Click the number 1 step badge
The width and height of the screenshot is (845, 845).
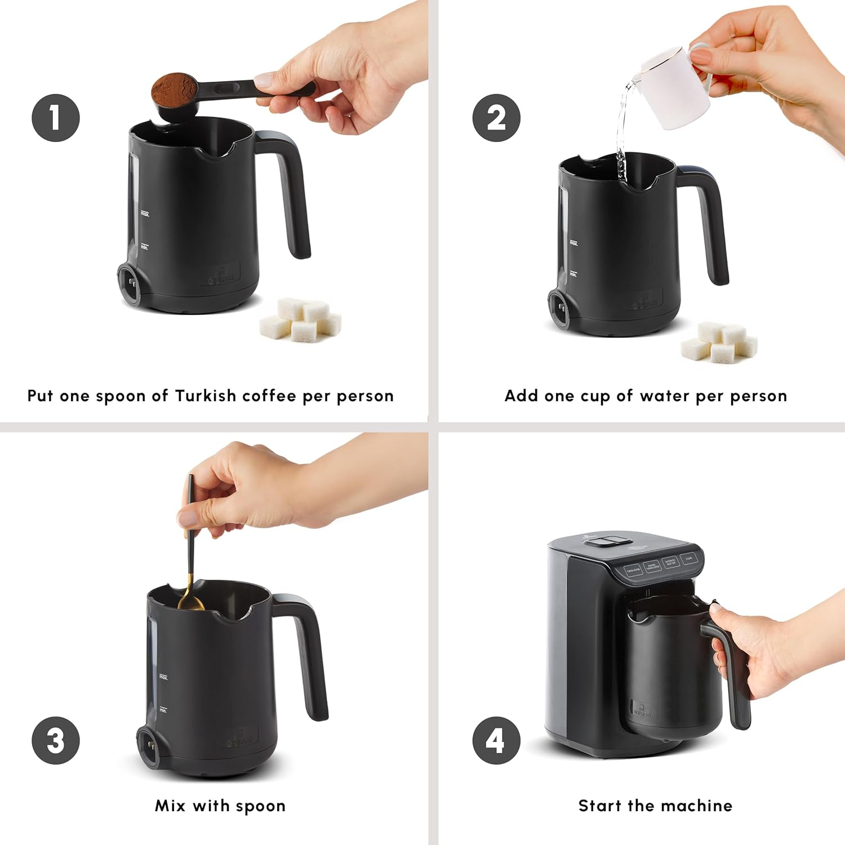tap(55, 118)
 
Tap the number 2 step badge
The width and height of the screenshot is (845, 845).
tap(496, 118)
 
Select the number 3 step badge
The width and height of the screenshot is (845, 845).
tap(55, 740)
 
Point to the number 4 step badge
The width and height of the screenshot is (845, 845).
tap(496, 740)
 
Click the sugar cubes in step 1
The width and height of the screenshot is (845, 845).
tap(301, 319)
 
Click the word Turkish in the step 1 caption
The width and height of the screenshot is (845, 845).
tap(205, 396)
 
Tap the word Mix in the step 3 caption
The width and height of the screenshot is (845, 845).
tap(170, 806)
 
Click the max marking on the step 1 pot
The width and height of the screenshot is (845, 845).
tap(145, 214)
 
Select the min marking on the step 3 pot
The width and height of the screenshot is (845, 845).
tap(163, 710)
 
